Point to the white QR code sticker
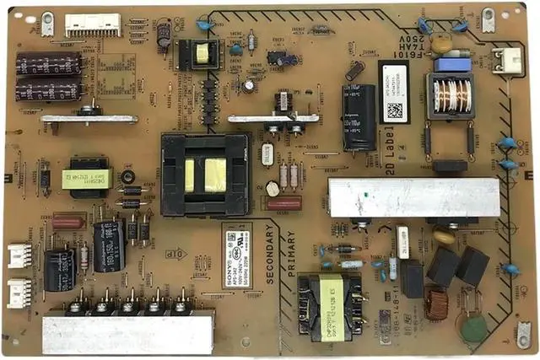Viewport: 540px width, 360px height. click(394, 102)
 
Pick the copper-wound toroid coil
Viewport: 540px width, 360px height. click(436, 304)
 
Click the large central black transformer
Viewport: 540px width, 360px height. click(205, 174)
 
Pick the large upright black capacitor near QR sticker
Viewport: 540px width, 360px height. click(359, 116)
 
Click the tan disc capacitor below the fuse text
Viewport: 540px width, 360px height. click(440, 42)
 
